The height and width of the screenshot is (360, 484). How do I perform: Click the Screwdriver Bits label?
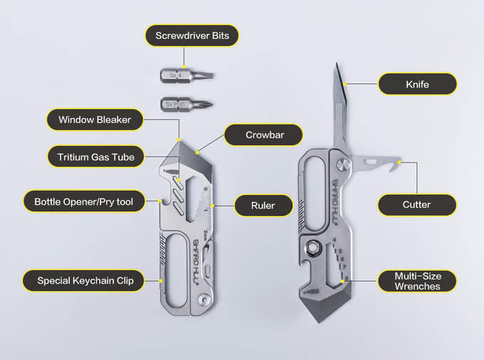pos(192,36)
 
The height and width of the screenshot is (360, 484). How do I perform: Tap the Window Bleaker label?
pos(95,120)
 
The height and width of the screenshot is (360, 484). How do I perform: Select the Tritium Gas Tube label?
pos(95,157)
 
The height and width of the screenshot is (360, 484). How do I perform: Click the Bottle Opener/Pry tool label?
pos(84,202)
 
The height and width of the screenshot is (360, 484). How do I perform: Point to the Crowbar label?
pos(264,134)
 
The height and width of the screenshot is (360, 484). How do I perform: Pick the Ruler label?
pos(263,206)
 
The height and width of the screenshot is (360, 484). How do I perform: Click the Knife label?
pos(417,84)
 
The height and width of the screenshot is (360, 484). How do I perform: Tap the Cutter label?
pos(416,205)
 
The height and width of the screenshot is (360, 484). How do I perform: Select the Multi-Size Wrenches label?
pos(417,281)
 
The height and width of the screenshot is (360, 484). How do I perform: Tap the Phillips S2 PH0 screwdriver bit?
pos(186,105)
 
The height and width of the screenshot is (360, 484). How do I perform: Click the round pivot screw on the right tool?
pos(343,165)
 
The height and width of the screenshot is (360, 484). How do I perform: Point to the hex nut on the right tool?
pos(313,247)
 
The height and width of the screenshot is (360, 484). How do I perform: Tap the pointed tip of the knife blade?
pos(336,63)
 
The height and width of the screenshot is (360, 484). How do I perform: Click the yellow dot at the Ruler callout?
pos(212,206)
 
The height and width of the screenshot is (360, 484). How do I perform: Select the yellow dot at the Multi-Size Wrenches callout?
pos(342,281)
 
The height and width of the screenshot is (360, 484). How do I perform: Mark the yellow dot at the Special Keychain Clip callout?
pos(161,281)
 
